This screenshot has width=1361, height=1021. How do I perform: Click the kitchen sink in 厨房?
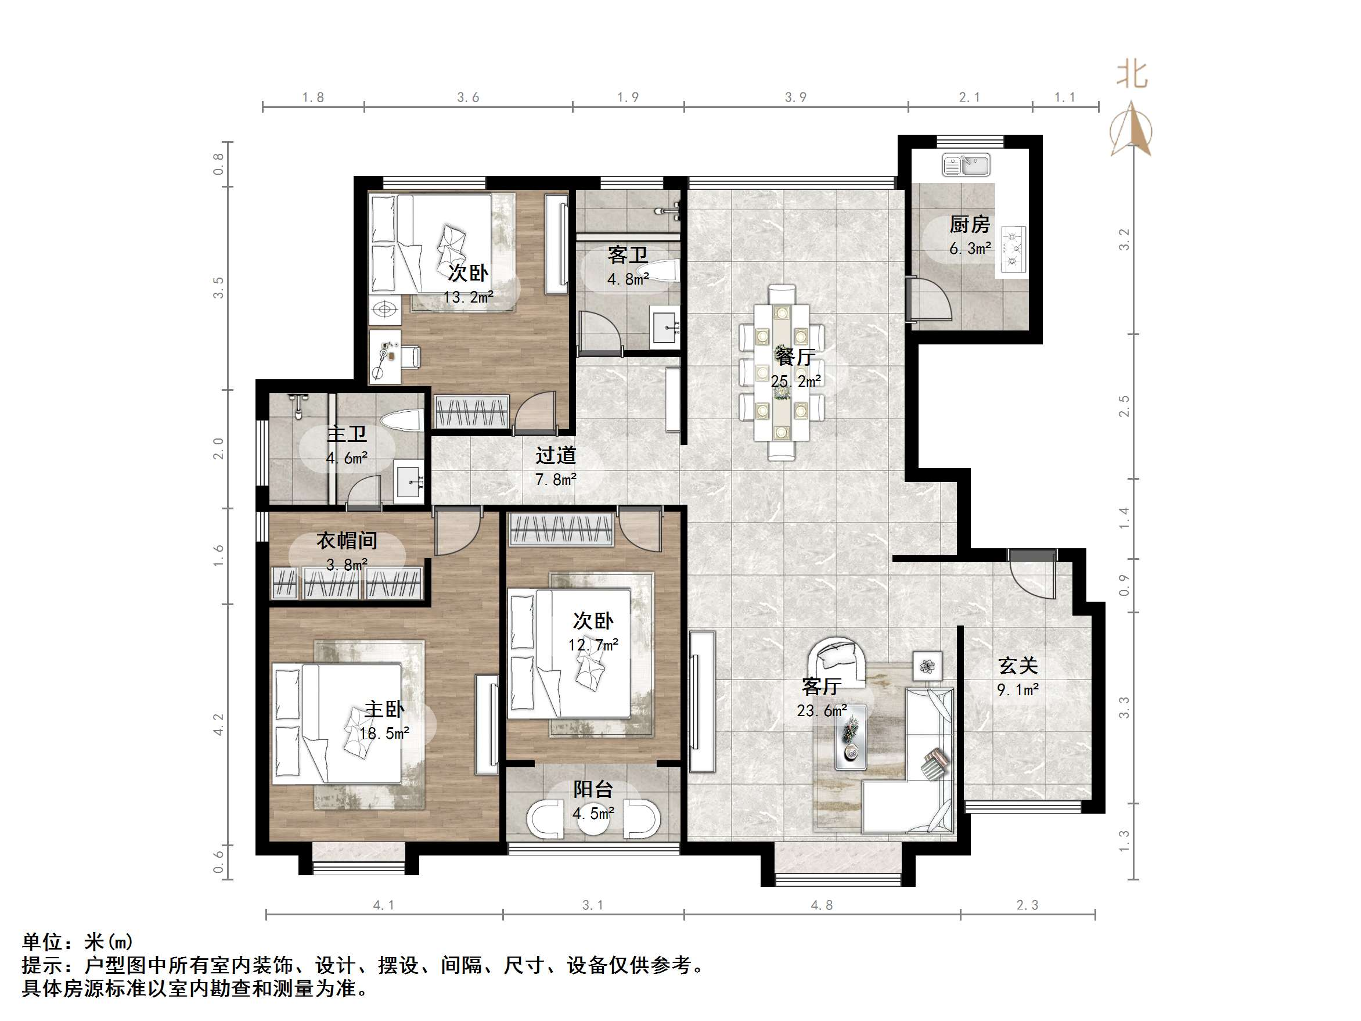coord(966,165)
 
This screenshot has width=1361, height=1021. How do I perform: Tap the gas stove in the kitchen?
coord(1013,249)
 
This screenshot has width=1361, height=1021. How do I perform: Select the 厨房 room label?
coord(970,225)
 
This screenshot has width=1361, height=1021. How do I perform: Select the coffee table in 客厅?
coord(851,737)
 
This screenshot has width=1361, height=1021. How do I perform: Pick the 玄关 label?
coord(1018,666)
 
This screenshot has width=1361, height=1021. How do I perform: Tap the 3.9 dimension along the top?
coord(795,97)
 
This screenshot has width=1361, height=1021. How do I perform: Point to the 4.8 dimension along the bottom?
coord(822,905)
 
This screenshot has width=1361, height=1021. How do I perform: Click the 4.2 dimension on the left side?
coord(218,724)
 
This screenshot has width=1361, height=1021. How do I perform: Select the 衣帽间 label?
coord(347,541)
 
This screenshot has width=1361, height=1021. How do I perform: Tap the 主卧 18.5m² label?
coord(384,721)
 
